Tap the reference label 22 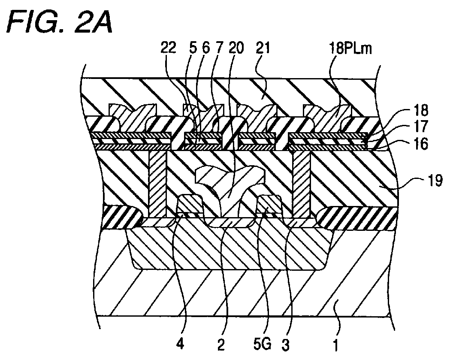point(168,48)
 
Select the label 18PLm point(350,48)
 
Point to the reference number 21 point(263,48)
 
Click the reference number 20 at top point(236,48)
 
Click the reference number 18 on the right point(421,110)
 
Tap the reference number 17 point(421,126)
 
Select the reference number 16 point(421,143)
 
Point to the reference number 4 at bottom point(180,345)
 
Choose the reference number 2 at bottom point(221,345)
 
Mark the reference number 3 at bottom point(285,345)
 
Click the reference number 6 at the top point(206,48)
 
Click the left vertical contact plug point(158,184)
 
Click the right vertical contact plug point(301,184)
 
